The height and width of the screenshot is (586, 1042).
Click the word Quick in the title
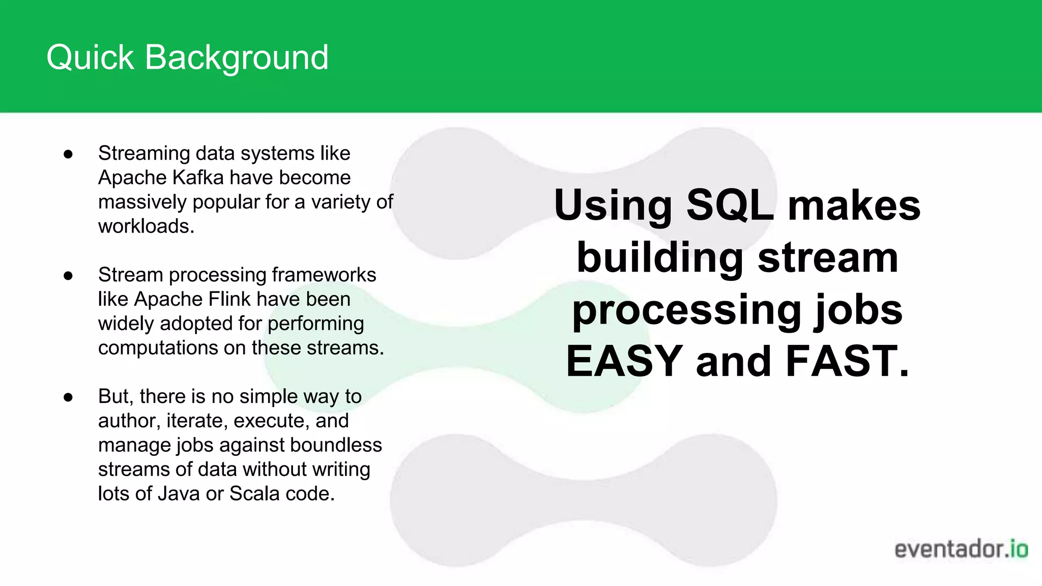[90, 57]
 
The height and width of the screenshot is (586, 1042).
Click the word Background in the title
[237, 57]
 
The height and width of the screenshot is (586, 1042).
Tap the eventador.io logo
[961, 549]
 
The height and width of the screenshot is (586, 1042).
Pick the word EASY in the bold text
[624, 361]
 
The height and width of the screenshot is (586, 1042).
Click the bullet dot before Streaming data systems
[68, 154]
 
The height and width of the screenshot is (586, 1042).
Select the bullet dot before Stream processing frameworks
[68, 275]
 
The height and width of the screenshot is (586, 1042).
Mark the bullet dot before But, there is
[68, 397]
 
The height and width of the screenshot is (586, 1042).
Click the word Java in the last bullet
[178, 494]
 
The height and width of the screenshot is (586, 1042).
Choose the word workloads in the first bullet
[146, 226]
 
